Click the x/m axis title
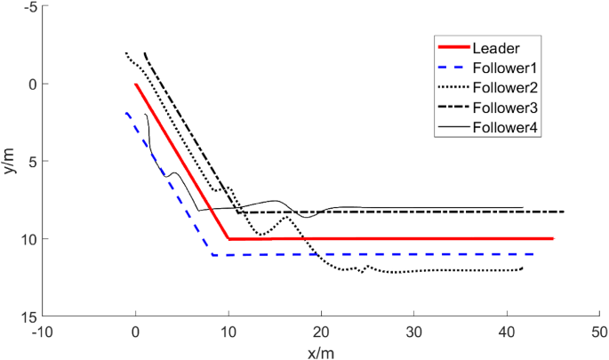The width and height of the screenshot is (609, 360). [x=321, y=352]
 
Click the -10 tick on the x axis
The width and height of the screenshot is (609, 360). [x=43, y=331]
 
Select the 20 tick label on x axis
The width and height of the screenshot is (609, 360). [x=321, y=331]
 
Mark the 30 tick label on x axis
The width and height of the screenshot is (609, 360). [x=413, y=331]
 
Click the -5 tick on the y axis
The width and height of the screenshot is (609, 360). [x=29, y=7]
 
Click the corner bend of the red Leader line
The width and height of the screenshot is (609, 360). [x=228, y=239]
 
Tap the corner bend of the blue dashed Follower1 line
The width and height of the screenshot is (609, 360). [x=212, y=255]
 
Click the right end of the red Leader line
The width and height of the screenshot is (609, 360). [x=553, y=239]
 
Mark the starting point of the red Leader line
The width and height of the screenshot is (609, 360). [x=136, y=84]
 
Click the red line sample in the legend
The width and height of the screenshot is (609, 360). [x=453, y=48]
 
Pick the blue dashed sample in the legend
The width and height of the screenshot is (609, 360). [x=453, y=68]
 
